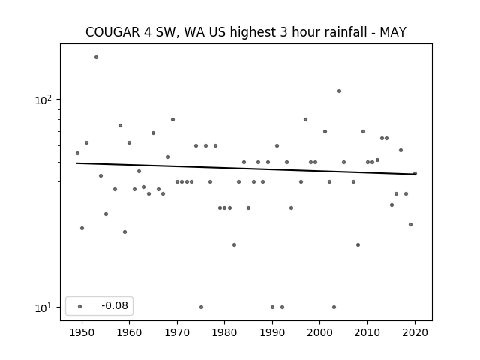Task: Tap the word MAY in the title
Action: tap(393, 32)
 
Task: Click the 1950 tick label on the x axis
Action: tap(82, 332)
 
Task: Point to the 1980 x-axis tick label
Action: tap(224, 332)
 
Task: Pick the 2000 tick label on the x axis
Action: tap(320, 332)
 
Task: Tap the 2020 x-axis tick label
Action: tap(415, 332)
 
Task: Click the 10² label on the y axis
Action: tap(43, 100)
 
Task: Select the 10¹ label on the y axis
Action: tap(43, 307)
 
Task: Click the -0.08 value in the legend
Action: tap(115, 305)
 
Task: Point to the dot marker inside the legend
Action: tap(80, 306)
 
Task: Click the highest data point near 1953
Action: tap(96, 57)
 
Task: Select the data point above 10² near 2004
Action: tap(339, 91)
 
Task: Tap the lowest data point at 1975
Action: tap(201, 307)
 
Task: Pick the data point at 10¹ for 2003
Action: tap(334, 307)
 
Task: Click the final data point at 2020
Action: tap(415, 173)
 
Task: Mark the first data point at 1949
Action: tap(77, 153)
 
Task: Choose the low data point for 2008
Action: tap(358, 244)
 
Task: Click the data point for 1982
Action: tap(234, 244)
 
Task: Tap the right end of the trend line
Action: tap(415, 175)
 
